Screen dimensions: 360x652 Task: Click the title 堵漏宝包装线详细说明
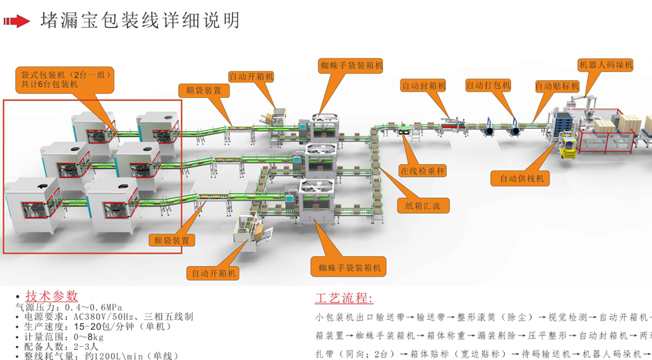[140, 21]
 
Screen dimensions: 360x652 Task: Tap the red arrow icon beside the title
[16, 22]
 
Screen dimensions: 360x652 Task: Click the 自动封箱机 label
[423, 86]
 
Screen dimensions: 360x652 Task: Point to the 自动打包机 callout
[488, 86]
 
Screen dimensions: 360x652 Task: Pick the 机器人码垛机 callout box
[605, 66]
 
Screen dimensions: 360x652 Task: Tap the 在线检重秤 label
[422, 171]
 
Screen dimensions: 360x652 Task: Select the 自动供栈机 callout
[521, 179]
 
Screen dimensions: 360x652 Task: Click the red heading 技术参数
[52, 296]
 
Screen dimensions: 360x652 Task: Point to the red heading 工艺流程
[344, 298]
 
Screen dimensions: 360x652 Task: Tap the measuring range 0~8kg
[86, 337]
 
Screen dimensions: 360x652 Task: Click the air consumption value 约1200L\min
[106, 356]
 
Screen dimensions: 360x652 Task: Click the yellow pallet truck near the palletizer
[569, 145]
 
